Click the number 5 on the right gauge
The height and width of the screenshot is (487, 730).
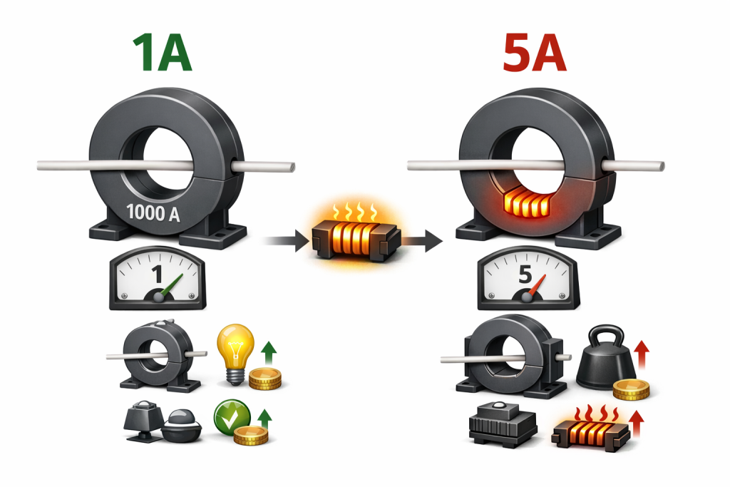pyautogui.click(x=525, y=274)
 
